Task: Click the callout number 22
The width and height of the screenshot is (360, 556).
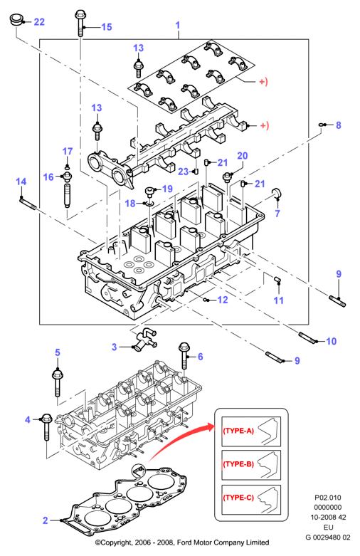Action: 39,22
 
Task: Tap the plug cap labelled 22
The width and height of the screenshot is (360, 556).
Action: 16,19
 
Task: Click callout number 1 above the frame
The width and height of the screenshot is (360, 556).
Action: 178,25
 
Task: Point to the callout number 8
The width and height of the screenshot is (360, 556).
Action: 339,125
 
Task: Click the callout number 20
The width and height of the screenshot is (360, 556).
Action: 243,156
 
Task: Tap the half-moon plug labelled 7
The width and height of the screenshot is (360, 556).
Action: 276,193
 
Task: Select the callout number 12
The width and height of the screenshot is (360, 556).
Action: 223,300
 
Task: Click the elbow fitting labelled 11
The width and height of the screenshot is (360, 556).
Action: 278,279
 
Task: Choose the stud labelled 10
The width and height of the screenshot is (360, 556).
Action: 307,337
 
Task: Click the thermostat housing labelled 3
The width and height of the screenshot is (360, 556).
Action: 145,340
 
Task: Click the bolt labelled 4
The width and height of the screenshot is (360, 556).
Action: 47,426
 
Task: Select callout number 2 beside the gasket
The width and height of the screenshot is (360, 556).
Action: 45,520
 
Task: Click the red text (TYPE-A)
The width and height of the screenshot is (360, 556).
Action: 238,431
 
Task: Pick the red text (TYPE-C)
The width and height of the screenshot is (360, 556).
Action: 238,498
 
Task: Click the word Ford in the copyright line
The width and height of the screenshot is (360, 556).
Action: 184,542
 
